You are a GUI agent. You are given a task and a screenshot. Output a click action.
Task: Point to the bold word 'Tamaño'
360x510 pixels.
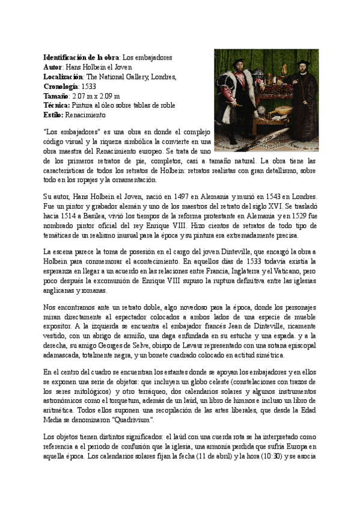tap(56, 96)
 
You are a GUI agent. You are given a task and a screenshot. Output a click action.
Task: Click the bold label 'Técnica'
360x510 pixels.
tap(57, 105)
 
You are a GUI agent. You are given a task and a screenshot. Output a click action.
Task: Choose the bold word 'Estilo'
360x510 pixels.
tap(53, 115)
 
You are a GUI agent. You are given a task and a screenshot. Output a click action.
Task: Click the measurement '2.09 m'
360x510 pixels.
tap(110, 96)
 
